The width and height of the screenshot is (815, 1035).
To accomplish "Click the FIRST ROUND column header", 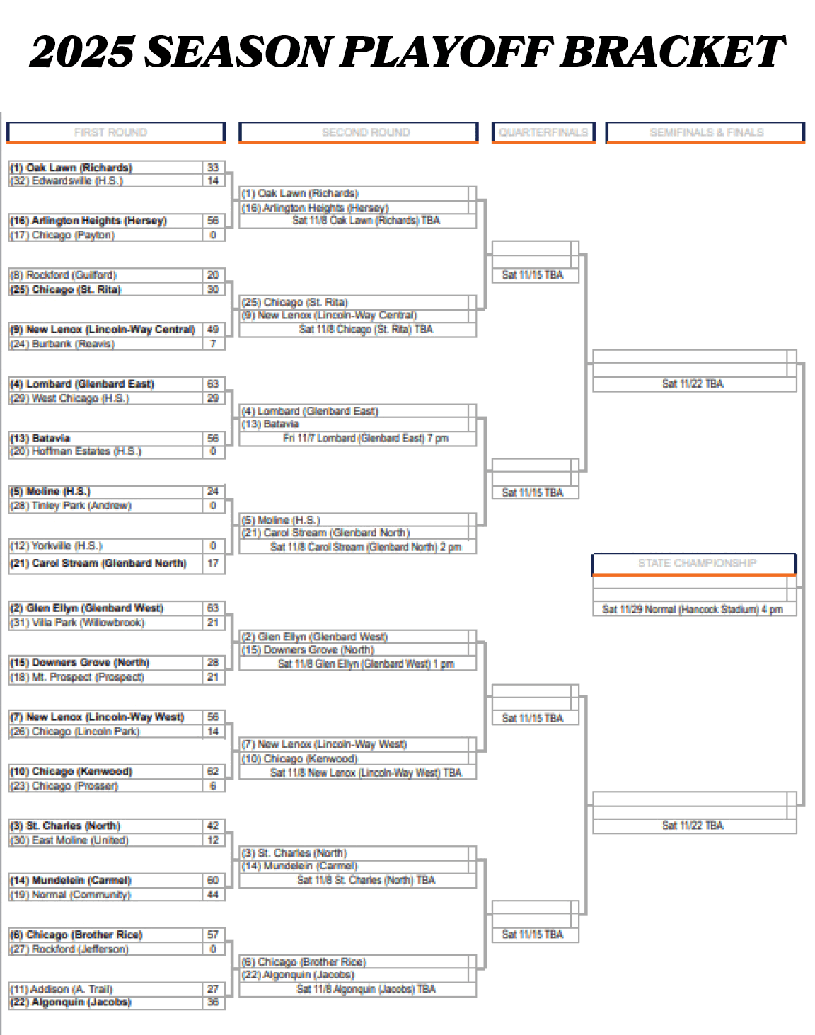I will (x=110, y=132).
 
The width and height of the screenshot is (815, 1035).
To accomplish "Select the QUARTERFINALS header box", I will (x=543, y=132).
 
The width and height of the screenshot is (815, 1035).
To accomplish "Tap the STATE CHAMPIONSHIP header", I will (x=696, y=563).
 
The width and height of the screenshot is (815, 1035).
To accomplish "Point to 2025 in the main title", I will (x=82, y=52).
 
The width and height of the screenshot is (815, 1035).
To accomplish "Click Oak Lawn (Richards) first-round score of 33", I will (x=213, y=168).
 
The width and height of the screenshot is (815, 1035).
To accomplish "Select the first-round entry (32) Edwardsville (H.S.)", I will (x=67, y=181).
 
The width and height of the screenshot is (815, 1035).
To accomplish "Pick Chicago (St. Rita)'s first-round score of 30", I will (x=213, y=289).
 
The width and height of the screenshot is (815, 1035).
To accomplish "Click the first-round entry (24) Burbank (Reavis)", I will (x=62, y=344).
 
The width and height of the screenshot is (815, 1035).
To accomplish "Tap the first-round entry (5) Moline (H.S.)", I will (x=50, y=491).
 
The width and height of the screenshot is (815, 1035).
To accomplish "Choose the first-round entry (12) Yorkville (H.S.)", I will (x=57, y=545).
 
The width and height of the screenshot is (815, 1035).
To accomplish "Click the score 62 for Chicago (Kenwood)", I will (x=213, y=771).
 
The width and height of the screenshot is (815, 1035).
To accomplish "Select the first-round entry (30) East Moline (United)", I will (x=69, y=840).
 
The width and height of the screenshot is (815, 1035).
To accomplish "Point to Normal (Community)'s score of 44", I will (x=213, y=895).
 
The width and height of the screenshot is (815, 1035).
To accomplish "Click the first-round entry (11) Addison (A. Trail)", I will (x=62, y=989).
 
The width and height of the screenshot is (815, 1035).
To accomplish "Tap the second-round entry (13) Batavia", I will (x=270, y=424).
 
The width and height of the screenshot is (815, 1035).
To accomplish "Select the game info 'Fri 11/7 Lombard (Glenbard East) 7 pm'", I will (x=365, y=439).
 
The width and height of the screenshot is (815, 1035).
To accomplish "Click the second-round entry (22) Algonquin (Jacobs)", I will (x=297, y=975).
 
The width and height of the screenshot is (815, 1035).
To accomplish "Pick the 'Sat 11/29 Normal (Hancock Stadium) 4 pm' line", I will (x=692, y=609).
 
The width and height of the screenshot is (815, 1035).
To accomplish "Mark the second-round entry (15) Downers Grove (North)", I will (x=308, y=649).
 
